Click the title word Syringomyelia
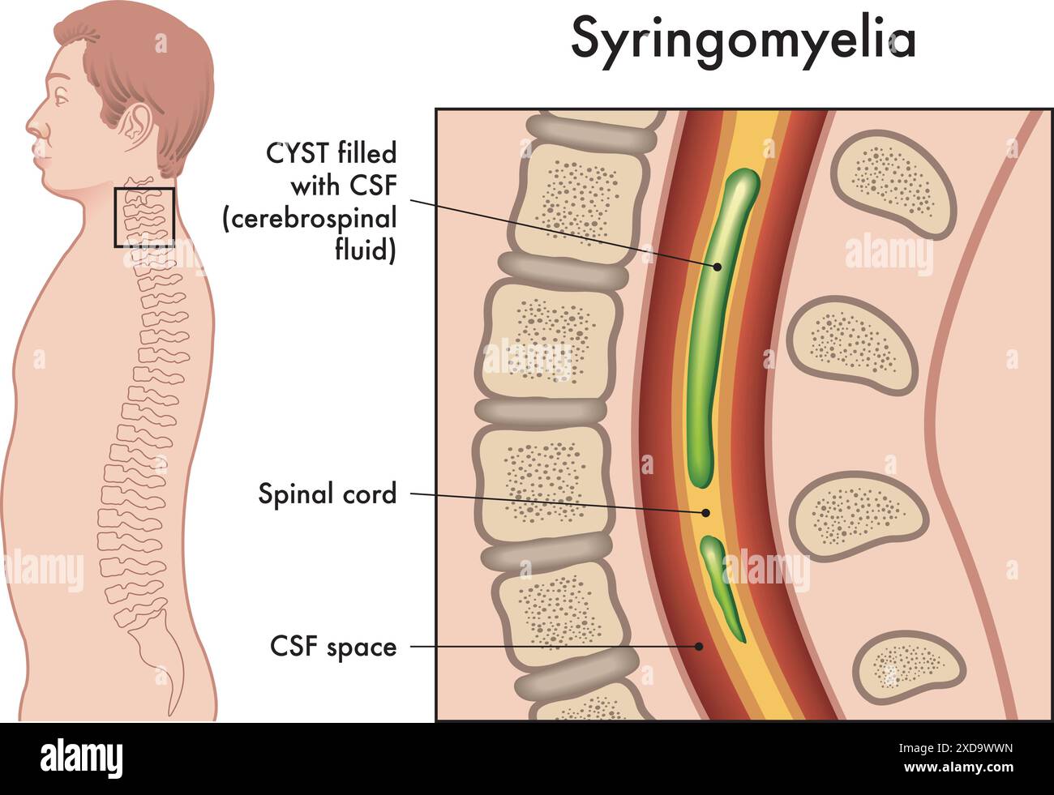pyautogui.click(x=743, y=38)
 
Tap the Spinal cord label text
pyautogui.click(x=328, y=493)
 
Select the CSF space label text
pyautogui.click(x=333, y=647)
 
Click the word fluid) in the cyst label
pyautogui.click(x=366, y=251)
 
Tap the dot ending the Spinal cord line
pyautogui.click(x=705, y=512)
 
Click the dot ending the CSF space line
pyautogui.click(x=699, y=646)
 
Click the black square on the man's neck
pyautogui.click(x=144, y=217)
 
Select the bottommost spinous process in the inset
pyautogui.click(x=908, y=666)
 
